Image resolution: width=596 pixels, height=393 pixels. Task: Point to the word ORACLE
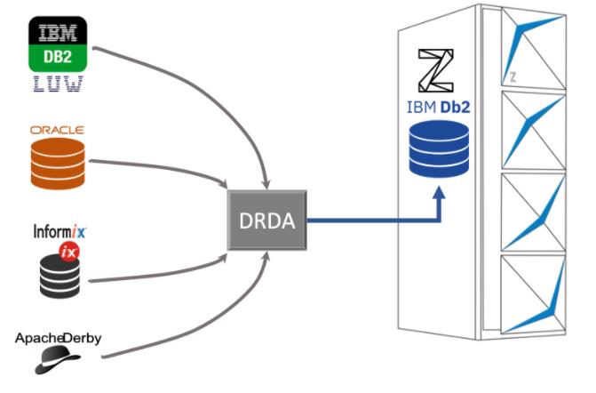(x=58, y=129)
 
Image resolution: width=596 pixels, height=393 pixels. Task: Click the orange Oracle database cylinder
(x=58, y=161)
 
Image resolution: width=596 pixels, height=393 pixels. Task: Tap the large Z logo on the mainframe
(x=435, y=68)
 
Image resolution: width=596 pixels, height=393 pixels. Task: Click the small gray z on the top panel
(x=513, y=76)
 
